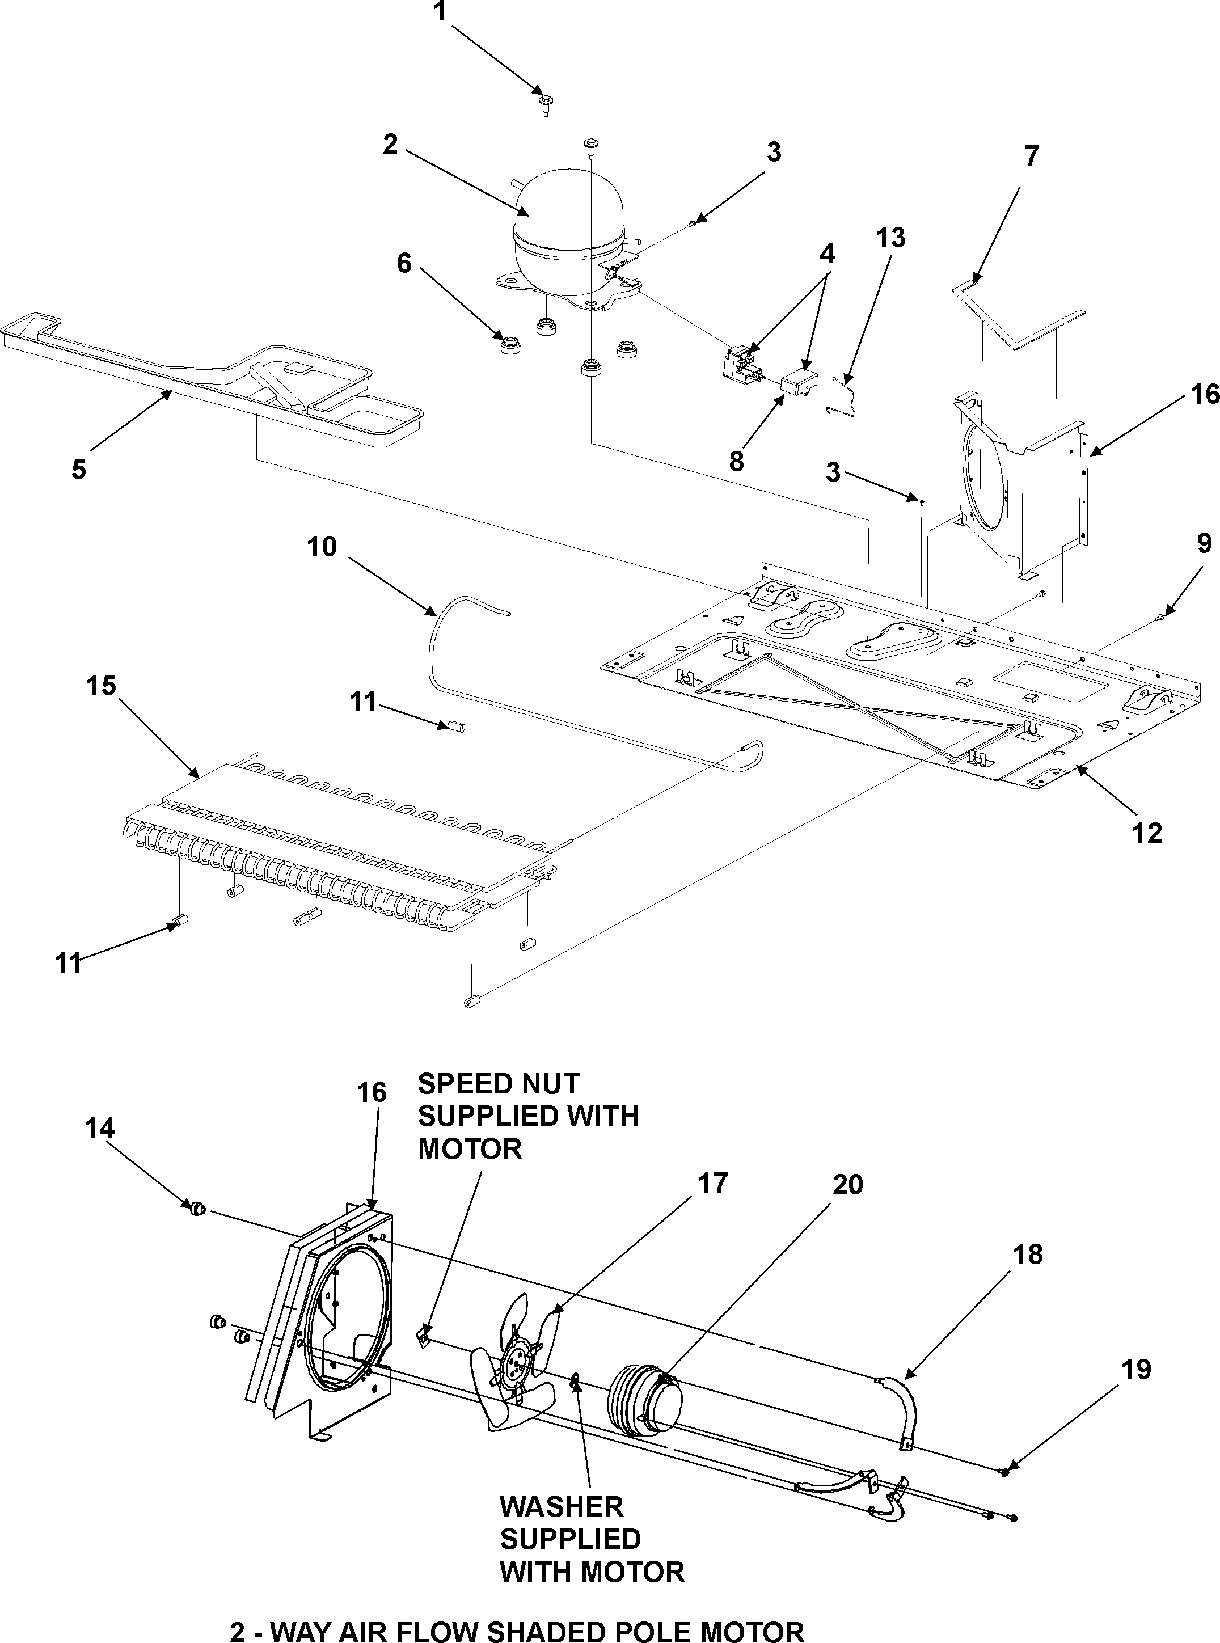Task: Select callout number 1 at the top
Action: (x=440, y=12)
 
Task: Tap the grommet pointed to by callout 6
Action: (x=509, y=345)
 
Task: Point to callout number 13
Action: (x=890, y=239)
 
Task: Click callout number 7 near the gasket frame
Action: (x=1031, y=157)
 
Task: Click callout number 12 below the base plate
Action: (x=1147, y=833)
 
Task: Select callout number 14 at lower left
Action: (x=100, y=1128)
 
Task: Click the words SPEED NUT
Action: (x=499, y=1084)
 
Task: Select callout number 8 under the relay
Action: (x=736, y=462)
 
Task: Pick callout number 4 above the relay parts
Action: (x=827, y=254)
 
